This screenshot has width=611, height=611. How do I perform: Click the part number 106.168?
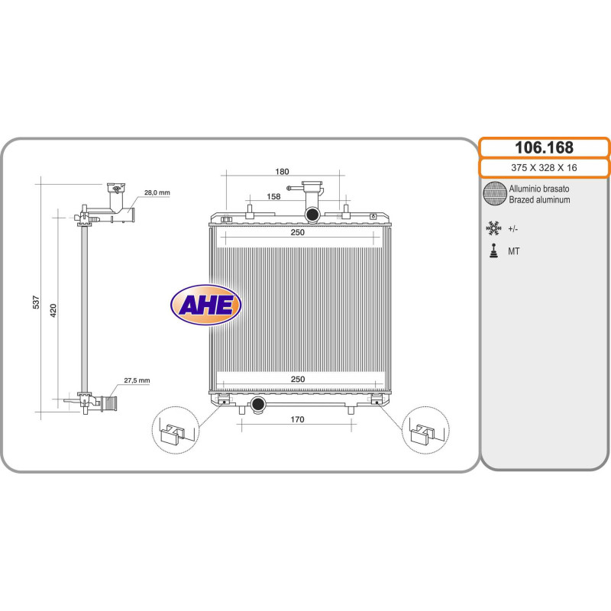pyautogui.click(x=544, y=147)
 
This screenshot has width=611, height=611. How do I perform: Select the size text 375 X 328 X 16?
pyautogui.click(x=544, y=167)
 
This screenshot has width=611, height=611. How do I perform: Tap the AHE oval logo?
pyautogui.click(x=205, y=305)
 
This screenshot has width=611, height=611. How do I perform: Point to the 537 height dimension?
pyautogui.click(x=36, y=302)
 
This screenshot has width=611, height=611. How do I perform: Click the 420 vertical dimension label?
pyautogui.click(x=53, y=310)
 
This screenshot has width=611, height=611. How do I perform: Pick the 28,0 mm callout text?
pyautogui.click(x=157, y=192)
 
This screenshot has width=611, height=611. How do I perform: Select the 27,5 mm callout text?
pyautogui.click(x=137, y=380)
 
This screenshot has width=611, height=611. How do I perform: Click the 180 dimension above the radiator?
pyautogui.click(x=282, y=171)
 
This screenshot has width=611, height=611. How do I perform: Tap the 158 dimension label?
pyautogui.click(x=273, y=196)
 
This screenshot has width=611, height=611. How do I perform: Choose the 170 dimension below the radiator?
pyautogui.click(x=297, y=419)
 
